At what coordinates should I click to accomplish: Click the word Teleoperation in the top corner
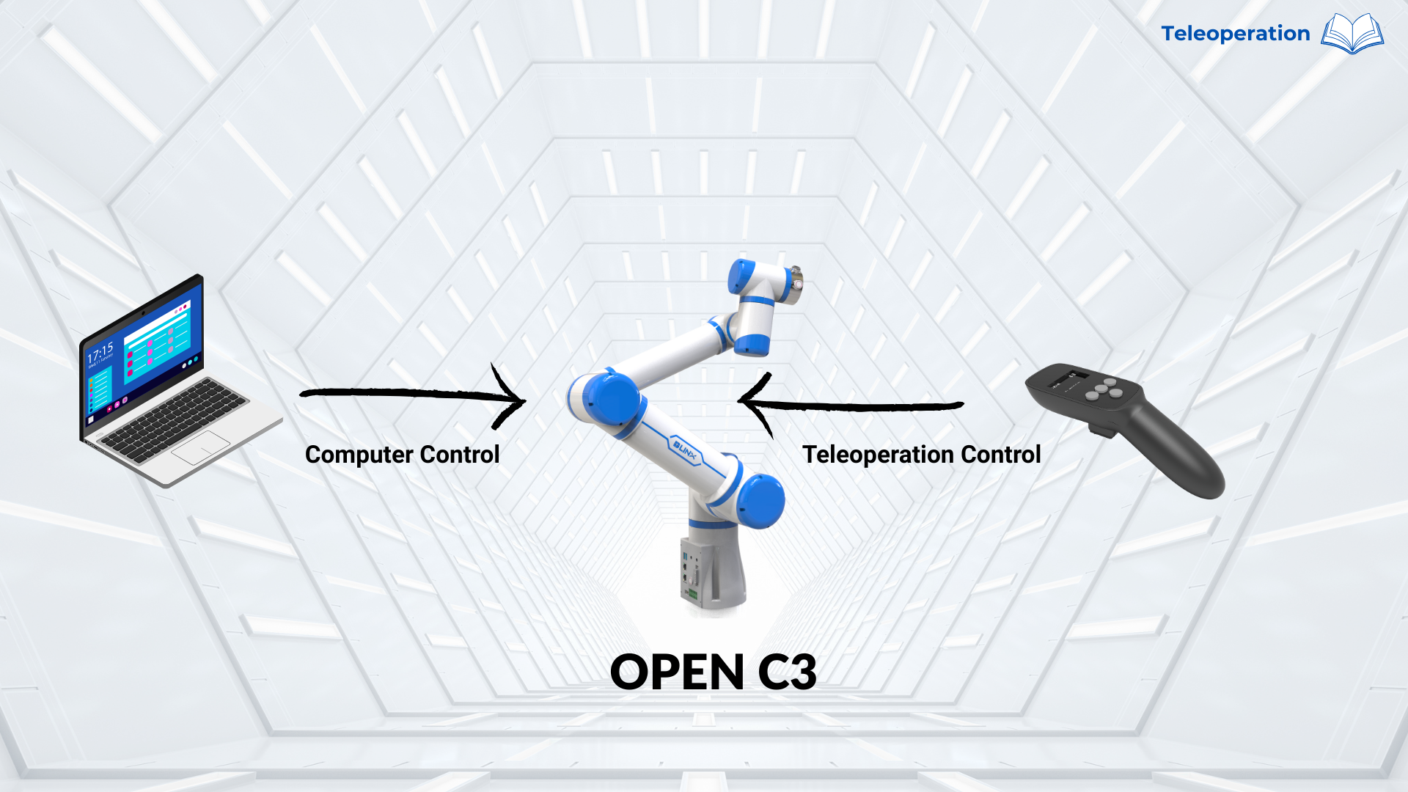point(1235,34)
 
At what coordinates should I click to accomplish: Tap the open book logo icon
point(1352,34)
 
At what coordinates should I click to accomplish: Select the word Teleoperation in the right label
point(877,455)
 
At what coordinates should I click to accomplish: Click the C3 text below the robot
point(787,672)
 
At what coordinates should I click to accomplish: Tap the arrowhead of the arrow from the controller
point(748,401)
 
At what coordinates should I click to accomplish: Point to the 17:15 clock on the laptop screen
point(100,353)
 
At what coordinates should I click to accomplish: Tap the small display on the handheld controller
point(1066,379)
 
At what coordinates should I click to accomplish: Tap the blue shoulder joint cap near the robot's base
point(760,501)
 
